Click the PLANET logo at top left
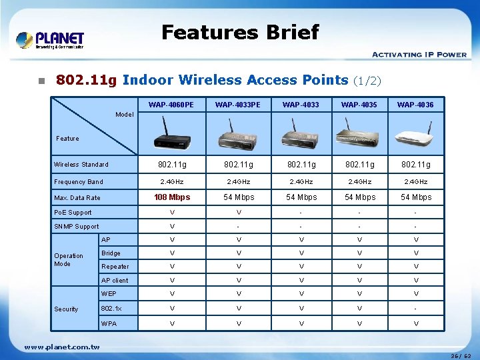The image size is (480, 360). (50, 40)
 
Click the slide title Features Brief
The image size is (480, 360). (240, 32)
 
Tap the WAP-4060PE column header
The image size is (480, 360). (171, 105)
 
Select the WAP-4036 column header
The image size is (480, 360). (415, 105)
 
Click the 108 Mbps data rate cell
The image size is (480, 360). (172, 197)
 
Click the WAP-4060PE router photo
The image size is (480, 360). (171, 133)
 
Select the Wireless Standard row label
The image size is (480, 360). (81, 165)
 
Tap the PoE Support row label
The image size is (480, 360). (73, 213)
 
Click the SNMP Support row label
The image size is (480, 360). (76, 227)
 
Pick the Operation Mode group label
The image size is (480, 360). (69, 259)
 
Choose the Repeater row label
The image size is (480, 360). (115, 267)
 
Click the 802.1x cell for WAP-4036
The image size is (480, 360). (415, 309)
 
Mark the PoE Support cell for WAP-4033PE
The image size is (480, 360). (238, 213)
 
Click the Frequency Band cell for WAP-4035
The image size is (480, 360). (359, 181)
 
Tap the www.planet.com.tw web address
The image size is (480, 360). (62, 347)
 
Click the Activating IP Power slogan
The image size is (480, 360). (419, 55)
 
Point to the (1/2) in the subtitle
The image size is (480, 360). (367, 81)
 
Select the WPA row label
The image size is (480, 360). (109, 323)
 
